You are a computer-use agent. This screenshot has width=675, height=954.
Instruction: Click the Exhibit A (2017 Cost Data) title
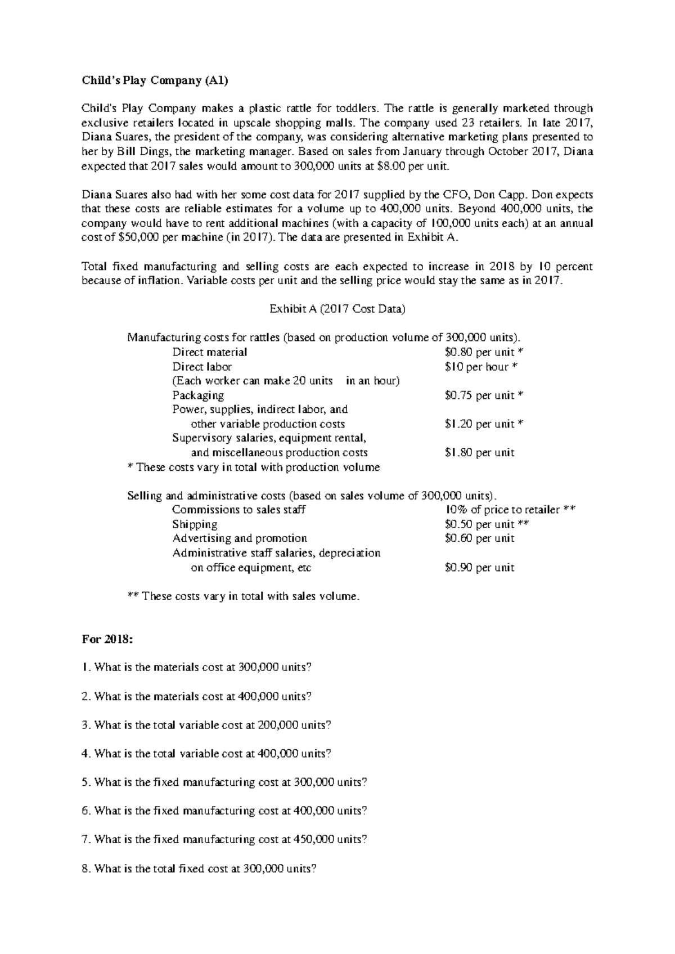tap(337, 309)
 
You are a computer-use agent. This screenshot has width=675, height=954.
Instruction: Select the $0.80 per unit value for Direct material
tap(479, 352)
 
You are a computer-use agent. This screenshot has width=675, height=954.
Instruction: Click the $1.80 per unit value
tap(479, 453)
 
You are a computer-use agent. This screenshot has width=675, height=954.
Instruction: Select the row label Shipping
tap(195, 524)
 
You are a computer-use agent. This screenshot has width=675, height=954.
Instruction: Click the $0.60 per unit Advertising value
tap(479, 538)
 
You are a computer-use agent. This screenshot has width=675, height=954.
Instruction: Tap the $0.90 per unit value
tap(479, 568)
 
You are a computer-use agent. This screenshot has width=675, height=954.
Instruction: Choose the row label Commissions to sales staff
tap(238, 510)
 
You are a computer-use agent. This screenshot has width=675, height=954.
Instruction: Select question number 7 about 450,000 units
tap(224, 840)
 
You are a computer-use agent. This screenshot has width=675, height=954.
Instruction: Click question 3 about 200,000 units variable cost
tap(206, 725)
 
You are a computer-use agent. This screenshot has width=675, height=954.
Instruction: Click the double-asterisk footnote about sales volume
tap(243, 596)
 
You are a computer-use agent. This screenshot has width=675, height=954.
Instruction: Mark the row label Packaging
tap(198, 395)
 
